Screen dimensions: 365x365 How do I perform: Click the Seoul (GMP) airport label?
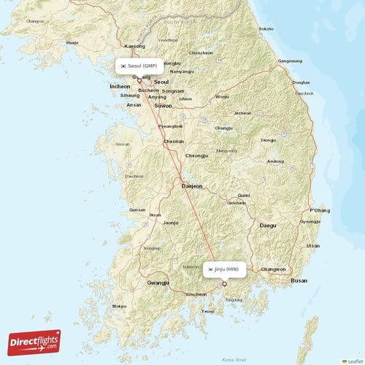coord(139,66)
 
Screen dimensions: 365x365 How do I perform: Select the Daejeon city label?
coord(192,187)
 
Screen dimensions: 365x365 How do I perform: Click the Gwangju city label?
coord(158,283)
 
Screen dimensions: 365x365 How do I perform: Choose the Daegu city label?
coord(268,226)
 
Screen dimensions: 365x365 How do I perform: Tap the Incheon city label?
coord(120,86)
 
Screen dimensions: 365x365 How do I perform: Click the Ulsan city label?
coord(313,246)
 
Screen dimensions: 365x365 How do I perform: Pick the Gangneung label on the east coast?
coord(290,61)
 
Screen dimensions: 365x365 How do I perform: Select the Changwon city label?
coord(274,269)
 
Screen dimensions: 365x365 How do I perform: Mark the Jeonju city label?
coord(171,223)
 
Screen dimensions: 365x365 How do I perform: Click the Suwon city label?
coord(163,106)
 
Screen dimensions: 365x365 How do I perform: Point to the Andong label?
coord(275,161)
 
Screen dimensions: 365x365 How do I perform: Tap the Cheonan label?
coord(174,142)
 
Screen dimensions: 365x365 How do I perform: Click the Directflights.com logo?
coord(34,342)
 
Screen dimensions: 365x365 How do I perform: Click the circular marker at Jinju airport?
coord(225,283)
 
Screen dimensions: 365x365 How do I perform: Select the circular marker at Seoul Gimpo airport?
coord(139,80)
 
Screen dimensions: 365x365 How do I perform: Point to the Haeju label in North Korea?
coord(72,43)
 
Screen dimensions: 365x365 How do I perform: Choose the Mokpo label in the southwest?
coord(119,307)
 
